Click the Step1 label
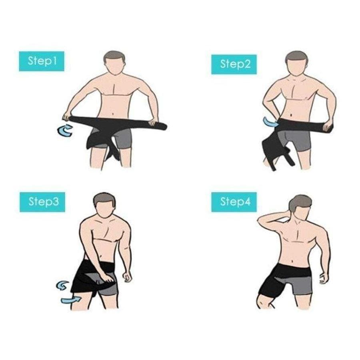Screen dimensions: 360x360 click(x=42, y=61)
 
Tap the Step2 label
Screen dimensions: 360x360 click(x=234, y=64)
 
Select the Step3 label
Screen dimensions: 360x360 click(x=42, y=202)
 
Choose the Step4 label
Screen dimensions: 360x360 click(x=234, y=202)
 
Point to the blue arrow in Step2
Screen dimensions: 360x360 click(x=270, y=122)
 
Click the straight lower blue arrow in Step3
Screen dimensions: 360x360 click(x=71, y=300)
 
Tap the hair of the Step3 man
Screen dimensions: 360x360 click(x=104, y=199)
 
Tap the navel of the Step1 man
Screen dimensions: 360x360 click(x=112, y=114)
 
